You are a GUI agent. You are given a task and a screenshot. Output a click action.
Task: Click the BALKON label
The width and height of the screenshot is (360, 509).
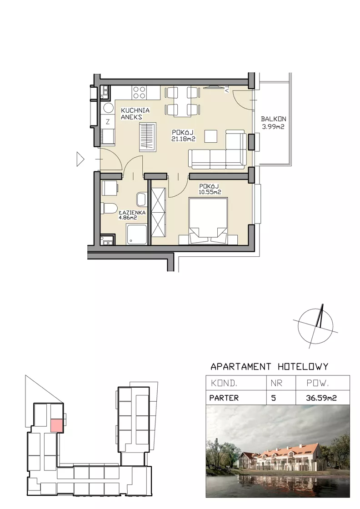point(273,119)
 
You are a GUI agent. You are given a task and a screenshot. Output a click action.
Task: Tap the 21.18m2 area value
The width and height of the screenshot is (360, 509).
point(183,139)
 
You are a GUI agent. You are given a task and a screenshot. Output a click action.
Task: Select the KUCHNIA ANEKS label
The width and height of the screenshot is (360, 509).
point(135,114)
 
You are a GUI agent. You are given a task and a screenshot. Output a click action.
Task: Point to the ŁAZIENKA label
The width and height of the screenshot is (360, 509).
point(132,212)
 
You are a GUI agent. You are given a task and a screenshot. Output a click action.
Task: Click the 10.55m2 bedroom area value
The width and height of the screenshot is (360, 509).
point(210,192)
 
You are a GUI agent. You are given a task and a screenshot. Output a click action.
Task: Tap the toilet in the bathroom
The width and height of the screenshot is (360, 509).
point(109,208)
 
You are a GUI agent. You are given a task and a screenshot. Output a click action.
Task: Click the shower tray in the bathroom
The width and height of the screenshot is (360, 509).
point(136,234)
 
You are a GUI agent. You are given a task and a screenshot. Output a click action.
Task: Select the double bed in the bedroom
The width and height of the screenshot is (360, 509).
point(208,221)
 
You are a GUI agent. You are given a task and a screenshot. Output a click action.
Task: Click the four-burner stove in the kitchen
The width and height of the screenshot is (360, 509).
point(139,92)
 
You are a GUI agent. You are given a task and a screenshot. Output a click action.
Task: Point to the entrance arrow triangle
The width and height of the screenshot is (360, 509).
point(80,159)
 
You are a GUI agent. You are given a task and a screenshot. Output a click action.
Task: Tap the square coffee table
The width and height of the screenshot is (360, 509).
point(211,136)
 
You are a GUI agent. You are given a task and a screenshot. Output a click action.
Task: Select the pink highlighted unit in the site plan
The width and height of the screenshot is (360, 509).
point(57,425)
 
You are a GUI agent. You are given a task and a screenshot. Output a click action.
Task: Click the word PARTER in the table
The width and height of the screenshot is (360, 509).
point(224,398)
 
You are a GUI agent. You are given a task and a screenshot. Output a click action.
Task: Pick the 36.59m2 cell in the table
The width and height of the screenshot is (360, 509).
point(321,398)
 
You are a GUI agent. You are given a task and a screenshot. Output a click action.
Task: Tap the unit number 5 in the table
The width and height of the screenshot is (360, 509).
point(273,398)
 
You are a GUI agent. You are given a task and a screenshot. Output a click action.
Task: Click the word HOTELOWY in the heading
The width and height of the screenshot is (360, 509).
point(303,366)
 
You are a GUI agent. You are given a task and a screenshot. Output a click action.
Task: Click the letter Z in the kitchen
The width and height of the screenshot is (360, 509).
point(108,122)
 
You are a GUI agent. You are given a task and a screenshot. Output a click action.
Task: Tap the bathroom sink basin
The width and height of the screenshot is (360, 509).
point(141,199)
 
